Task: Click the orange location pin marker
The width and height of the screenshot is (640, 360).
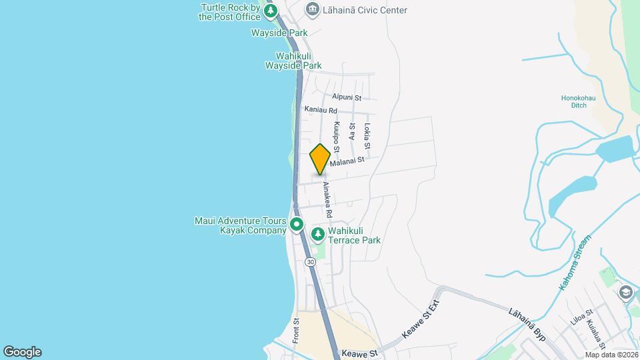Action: click(x=320, y=159)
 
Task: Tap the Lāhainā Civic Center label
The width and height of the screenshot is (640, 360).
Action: click(x=365, y=10)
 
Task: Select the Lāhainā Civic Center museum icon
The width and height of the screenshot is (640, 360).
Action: click(x=311, y=10)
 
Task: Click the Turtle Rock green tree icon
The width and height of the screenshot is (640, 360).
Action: click(x=270, y=11)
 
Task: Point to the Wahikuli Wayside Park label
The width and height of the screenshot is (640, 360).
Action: click(x=293, y=61)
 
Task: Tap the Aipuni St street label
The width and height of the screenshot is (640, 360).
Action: click(x=346, y=97)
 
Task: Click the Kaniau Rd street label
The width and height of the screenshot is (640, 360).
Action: click(x=321, y=110)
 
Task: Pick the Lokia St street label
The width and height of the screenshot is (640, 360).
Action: click(x=367, y=136)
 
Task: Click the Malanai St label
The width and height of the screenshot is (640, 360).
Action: click(x=347, y=161)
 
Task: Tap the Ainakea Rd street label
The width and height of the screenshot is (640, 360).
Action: click(x=327, y=199)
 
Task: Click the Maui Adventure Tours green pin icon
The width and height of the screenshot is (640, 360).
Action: click(x=297, y=225)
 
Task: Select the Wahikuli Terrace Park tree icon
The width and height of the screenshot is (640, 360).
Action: click(x=319, y=234)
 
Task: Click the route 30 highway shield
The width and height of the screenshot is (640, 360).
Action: click(x=311, y=262)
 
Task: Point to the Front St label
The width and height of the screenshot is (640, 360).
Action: click(x=296, y=331)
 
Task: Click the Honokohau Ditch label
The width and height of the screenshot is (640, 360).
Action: click(x=574, y=101)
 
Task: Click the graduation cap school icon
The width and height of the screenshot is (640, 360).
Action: click(x=625, y=292)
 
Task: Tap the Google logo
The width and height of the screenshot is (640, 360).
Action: click(x=22, y=352)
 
